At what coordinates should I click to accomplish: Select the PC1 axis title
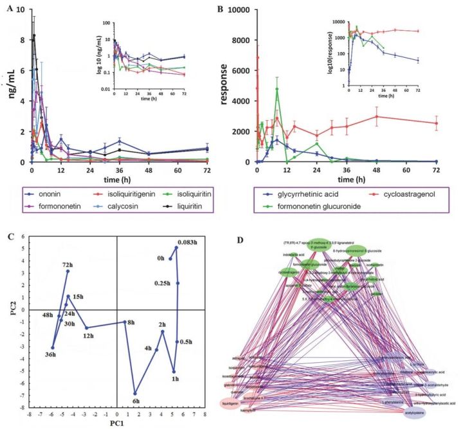[116, 424]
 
